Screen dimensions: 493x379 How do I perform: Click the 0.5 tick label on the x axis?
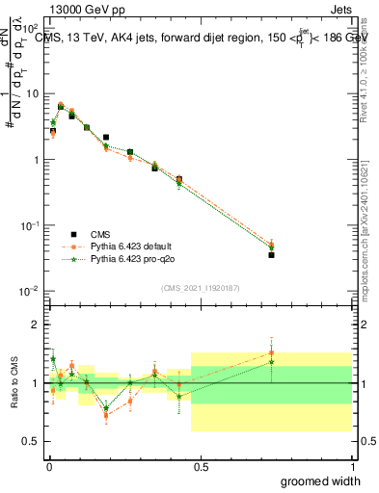click(x=200, y=467)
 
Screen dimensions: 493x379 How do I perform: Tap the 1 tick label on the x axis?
click(x=351, y=467)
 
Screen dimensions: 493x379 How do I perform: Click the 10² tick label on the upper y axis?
click(x=31, y=30)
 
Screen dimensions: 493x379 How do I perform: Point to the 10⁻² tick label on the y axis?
click(x=30, y=291)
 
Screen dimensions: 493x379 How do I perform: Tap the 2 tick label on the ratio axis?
click(x=36, y=325)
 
